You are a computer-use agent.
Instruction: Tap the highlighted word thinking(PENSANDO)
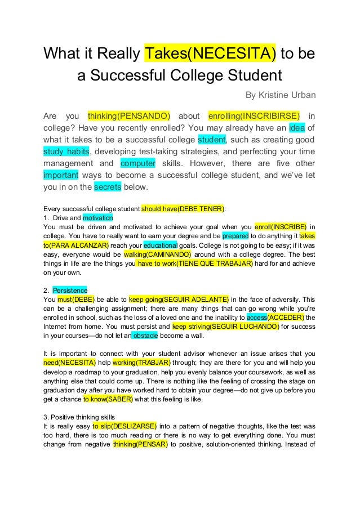pyautogui.click(x=129, y=115)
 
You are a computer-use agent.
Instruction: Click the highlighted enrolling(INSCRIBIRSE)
pyautogui.click(x=254, y=115)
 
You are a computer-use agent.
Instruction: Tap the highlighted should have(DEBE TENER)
pyautogui.click(x=183, y=208)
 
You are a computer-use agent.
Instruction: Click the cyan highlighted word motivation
pyautogui.click(x=98, y=217)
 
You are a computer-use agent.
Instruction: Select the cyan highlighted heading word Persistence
pyautogui.click(x=70, y=290)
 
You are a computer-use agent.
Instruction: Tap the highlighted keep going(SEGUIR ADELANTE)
pyautogui.click(x=179, y=299)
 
